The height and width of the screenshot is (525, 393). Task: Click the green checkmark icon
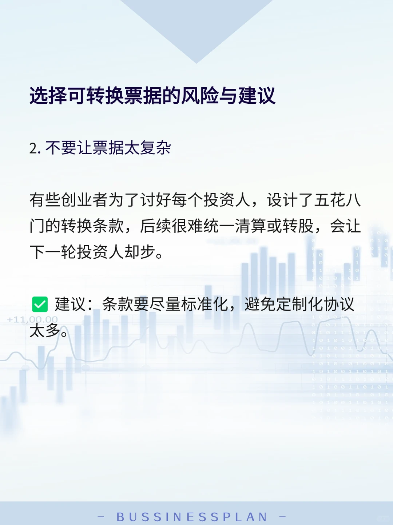pos(40,305)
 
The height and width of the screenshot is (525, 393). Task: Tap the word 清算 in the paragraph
pos(251,226)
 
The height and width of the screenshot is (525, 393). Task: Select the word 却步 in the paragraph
pos(140,252)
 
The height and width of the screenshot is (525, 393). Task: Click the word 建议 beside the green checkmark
pos(71,305)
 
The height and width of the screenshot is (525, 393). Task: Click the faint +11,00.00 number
pos(32,320)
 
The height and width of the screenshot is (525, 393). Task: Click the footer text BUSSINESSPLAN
pos(192,517)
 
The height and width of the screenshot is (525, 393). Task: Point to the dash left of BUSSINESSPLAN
pos(102,517)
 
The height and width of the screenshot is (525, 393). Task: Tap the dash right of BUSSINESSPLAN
pos(282,517)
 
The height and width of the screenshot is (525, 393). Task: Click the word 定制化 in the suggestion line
pos(299,305)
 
